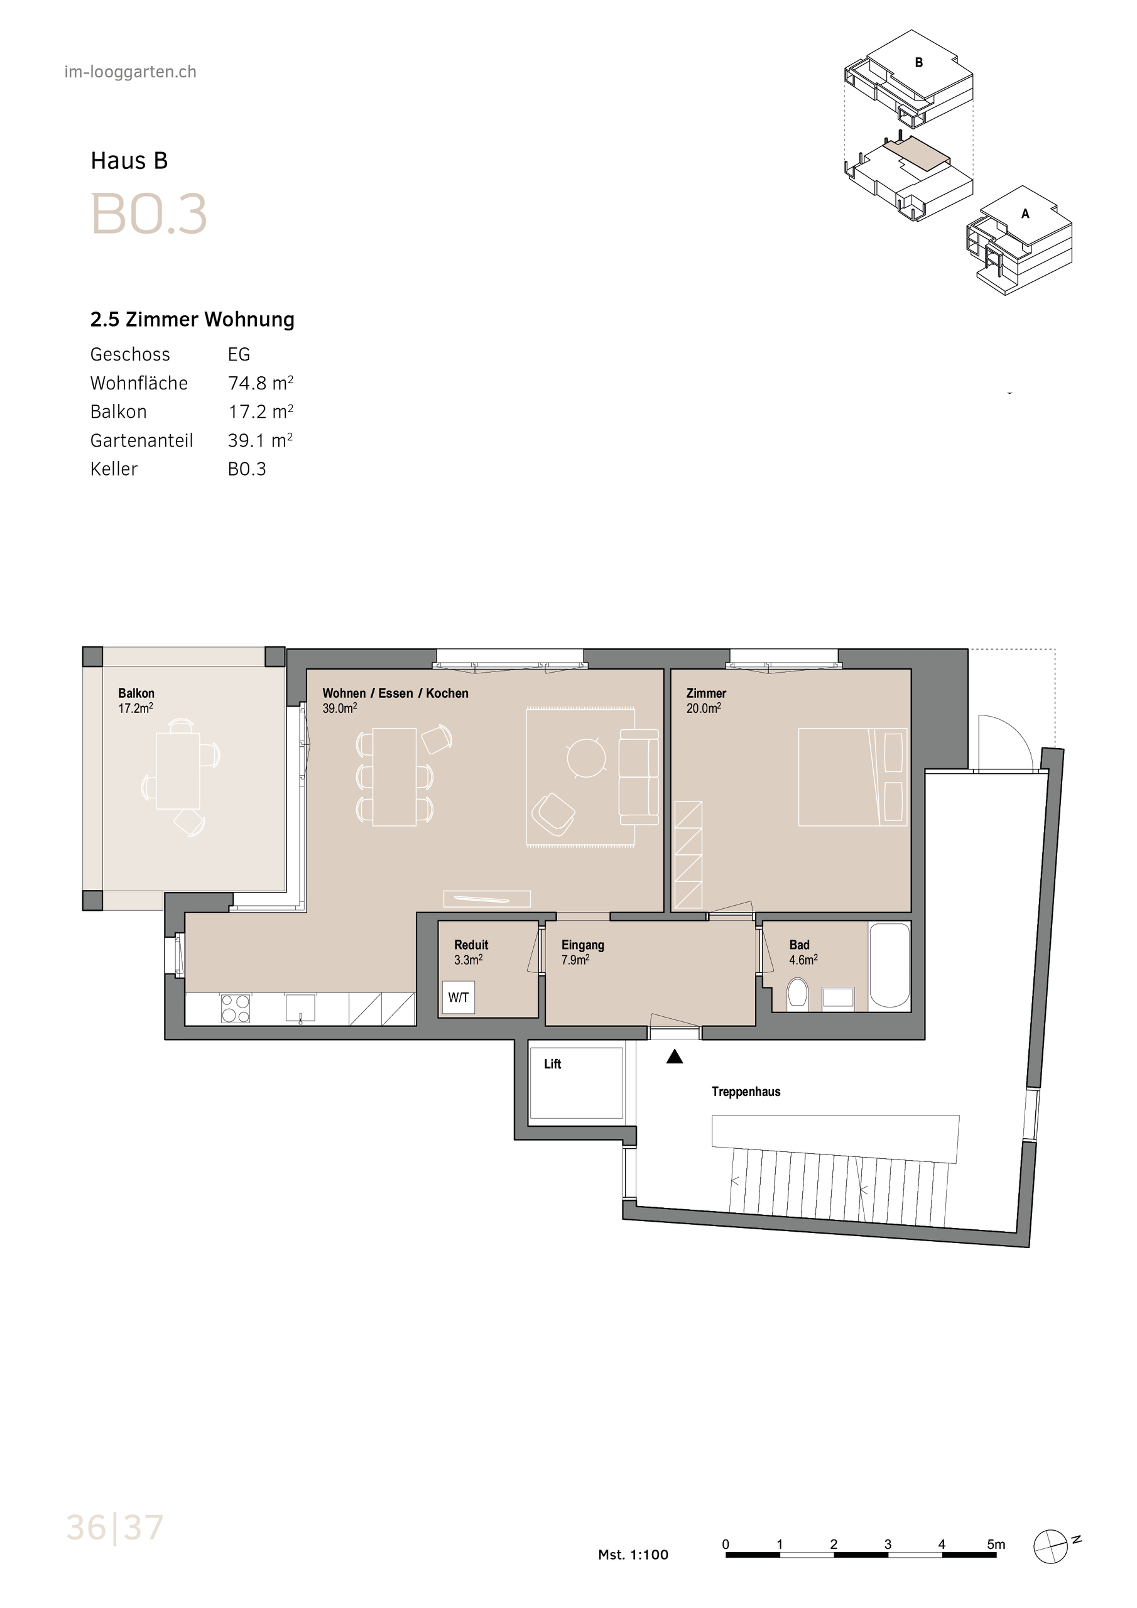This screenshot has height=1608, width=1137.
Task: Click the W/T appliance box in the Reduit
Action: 458,997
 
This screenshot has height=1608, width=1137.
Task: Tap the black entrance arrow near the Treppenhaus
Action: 674,1058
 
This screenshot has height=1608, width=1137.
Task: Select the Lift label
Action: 552,1064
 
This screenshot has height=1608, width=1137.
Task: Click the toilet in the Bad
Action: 797,993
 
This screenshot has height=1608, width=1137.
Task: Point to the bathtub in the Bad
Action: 889,965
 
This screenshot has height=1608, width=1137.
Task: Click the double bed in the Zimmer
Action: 852,777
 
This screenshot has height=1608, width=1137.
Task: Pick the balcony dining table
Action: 177,769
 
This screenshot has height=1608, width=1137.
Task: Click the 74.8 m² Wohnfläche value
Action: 260,383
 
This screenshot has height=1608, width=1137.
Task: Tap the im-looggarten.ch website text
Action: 130,72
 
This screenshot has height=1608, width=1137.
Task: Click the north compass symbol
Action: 1051,1545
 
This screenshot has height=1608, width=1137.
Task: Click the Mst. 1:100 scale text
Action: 633,1554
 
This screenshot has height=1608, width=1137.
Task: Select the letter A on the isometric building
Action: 1025,214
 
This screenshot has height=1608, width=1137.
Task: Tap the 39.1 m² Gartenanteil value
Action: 260,440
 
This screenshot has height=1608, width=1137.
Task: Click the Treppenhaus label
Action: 746,1091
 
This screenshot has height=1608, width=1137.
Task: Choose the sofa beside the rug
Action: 638,777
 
